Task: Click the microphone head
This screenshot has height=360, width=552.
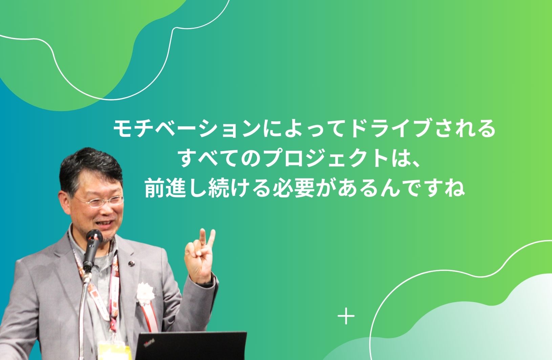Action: coord(94,236)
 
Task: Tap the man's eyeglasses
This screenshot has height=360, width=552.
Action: coord(101,201)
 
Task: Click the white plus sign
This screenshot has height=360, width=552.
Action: coord(346,316)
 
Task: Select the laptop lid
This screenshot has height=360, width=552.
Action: coord(191,346)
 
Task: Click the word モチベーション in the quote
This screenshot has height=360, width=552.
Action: coord(187,128)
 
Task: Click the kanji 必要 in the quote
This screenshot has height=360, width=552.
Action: coord(294,189)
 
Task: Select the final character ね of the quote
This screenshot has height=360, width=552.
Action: coord(455,189)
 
